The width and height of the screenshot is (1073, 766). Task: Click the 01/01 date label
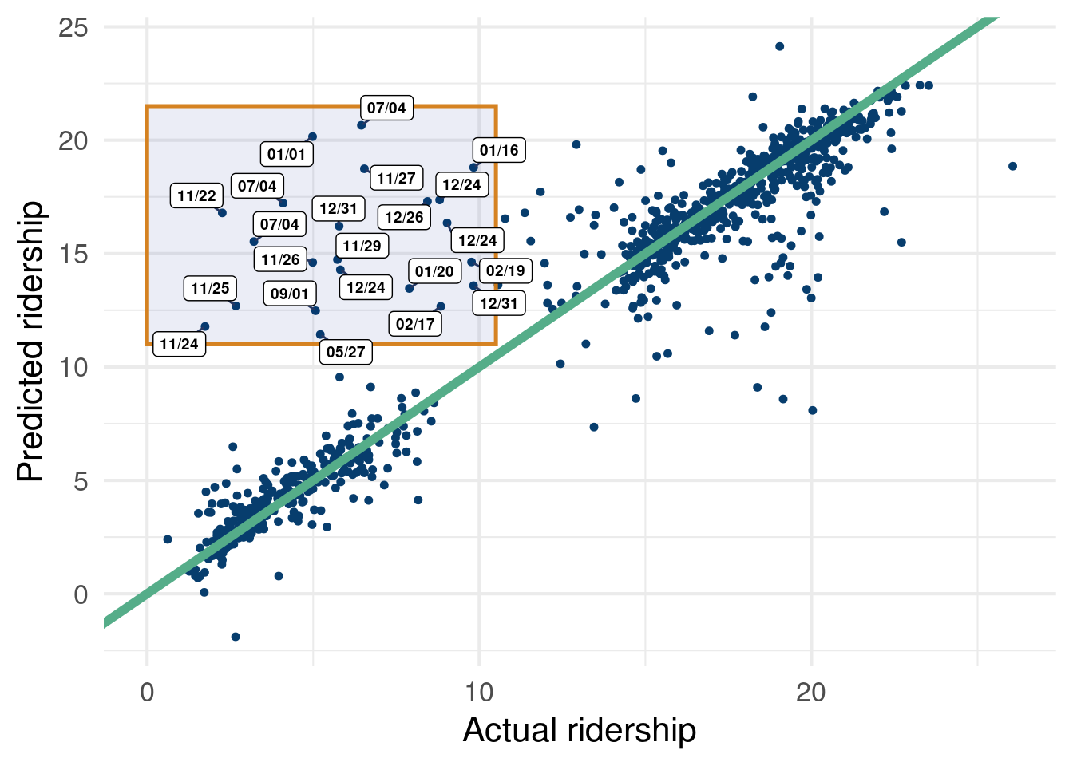(287, 154)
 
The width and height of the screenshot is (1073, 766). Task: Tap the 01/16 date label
(499, 150)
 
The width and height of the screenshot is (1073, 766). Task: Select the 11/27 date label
(396, 178)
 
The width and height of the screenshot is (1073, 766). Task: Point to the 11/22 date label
(196, 195)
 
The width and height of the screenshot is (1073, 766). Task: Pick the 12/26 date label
(404, 217)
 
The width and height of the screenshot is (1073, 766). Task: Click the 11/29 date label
(362, 246)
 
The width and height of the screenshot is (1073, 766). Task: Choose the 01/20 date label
(434, 271)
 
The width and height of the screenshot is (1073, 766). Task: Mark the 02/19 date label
(505, 270)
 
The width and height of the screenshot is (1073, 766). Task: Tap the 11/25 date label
(210, 288)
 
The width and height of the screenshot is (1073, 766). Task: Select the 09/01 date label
(289, 294)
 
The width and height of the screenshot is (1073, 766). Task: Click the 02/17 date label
(415, 324)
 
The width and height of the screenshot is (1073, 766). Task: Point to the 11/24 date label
(179, 344)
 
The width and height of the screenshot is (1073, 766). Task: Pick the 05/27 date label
(346, 352)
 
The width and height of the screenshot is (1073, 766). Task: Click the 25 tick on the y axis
(73, 28)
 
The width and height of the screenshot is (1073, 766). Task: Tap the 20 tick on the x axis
(811, 692)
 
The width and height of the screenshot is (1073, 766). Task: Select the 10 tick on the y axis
(73, 368)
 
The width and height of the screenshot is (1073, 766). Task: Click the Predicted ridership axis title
(30, 342)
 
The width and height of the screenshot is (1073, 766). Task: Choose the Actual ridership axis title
(580, 730)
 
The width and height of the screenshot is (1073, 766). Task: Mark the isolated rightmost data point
(1012, 166)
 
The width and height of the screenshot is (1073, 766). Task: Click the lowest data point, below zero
(236, 637)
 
